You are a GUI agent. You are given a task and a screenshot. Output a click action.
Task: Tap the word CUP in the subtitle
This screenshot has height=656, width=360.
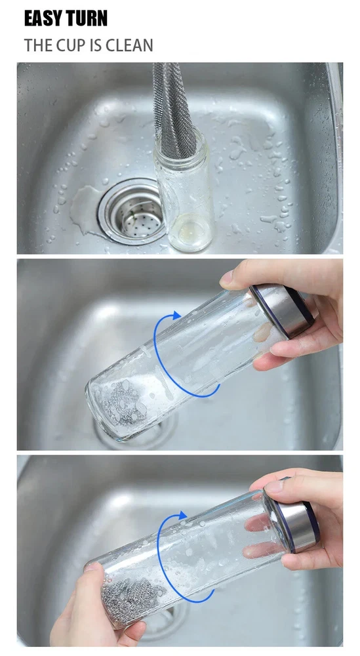71,45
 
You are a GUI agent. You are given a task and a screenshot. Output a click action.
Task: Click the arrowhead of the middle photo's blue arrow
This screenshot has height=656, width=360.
176,316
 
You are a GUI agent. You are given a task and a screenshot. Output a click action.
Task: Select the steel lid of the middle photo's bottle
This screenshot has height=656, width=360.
282,310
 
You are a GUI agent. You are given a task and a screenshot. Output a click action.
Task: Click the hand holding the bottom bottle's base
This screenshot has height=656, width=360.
97,611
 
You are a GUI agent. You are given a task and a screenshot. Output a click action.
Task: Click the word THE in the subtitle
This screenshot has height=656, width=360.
39,45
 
